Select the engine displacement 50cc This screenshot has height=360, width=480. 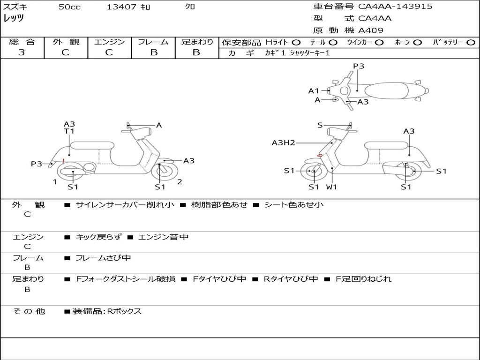click(69, 7)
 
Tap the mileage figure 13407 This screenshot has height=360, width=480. click(121, 7)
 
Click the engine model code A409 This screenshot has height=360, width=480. click(371, 30)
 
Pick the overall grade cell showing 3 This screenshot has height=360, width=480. click(22, 52)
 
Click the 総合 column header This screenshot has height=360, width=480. click(22, 42)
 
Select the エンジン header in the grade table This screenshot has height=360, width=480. click(109, 42)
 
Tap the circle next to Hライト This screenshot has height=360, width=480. click(296, 42)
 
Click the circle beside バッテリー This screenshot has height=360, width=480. click(471, 42)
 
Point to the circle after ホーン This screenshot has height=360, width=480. click(417, 42)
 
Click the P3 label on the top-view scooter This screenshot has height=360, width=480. click(359, 67)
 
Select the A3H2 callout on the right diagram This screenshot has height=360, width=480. click(283, 143)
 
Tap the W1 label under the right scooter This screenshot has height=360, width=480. click(332, 187)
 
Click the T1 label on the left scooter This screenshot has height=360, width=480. click(69, 132)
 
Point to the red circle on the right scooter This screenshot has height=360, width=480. click(320, 156)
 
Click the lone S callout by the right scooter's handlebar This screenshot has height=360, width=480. click(320, 125)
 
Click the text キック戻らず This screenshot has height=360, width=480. click(98, 237)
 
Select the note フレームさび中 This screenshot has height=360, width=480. click(103, 258)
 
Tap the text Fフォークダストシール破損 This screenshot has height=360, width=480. click(126, 279)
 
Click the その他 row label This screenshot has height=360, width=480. click(29, 311)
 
